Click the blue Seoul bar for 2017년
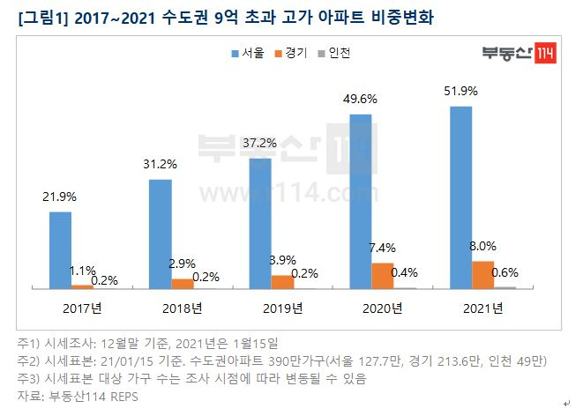tap(60, 249)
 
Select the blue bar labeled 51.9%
tap(460, 197)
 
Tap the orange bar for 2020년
tap(382, 275)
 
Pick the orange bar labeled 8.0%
tap(482, 274)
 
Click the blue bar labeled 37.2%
tap(260, 223)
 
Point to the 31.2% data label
tap(161, 165)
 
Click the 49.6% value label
tap(361, 99)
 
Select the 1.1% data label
tap(84, 271)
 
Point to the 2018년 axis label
tap(183, 308)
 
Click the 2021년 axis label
tap(482, 308)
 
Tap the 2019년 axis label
tap(282, 308)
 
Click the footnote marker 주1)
tap(31, 342)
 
